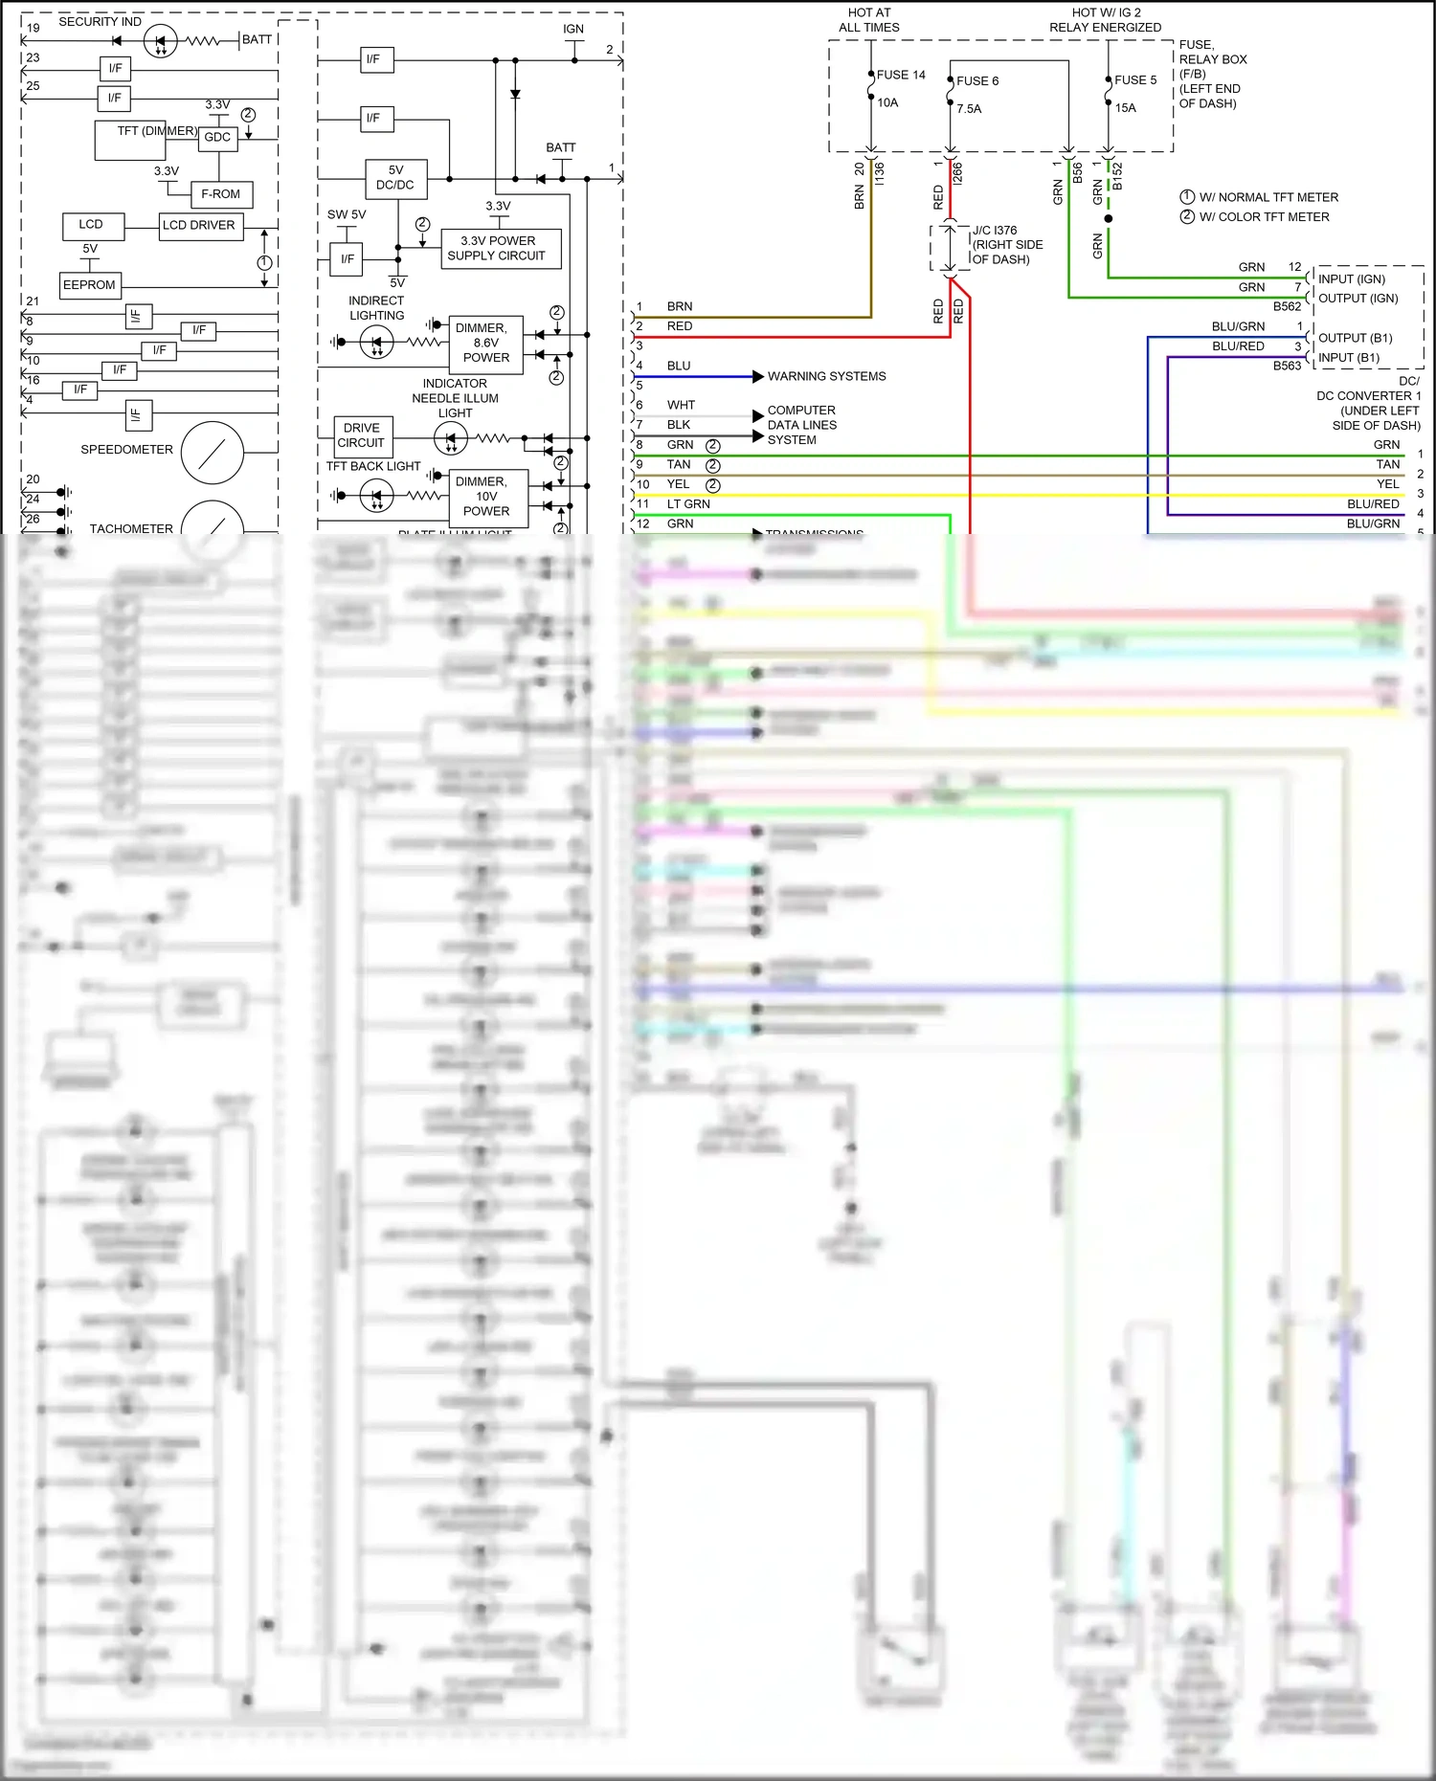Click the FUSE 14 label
point(900,75)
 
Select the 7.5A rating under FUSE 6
point(969,109)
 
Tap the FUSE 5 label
point(1134,80)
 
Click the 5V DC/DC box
point(395,178)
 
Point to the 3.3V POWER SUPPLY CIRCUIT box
point(500,249)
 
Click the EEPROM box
point(89,285)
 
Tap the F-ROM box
point(221,194)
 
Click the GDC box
point(217,138)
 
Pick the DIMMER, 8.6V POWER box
point(486,343)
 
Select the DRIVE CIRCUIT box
point(362,435)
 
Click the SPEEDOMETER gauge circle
point(213,453)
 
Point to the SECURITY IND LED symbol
point(160,41)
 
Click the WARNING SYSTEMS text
point(826,377)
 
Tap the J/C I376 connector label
point(995,231)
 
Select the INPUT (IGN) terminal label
point(1351,279)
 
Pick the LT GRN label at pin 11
point(688,504)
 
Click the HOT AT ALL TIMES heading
point(869,20)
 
